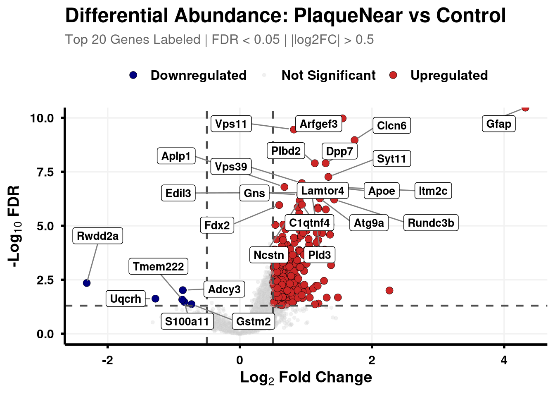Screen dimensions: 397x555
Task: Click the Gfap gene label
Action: (x=498, y=124)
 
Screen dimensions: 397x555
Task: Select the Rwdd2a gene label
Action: (x=98, y=236)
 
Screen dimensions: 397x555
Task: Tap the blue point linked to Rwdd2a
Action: (x=87, y=283)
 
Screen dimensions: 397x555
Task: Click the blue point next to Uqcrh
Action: (x=155, y=299)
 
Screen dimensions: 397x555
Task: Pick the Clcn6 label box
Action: (x=391, y=126)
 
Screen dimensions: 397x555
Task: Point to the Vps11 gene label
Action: (x=231, y=124)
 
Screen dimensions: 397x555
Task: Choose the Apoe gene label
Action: (x=382, y=191)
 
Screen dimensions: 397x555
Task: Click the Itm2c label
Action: (x=433, y=191)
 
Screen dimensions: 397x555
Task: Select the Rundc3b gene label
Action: (x=431, y=223)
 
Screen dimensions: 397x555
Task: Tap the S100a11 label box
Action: (x=187, y=321)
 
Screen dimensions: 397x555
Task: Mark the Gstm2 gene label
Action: (x=254, y=321)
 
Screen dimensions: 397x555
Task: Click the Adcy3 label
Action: (x=224, y=289)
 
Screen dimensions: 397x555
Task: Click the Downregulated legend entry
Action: (x=198, y=75)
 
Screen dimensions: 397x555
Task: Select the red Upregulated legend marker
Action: (x=393, y=75)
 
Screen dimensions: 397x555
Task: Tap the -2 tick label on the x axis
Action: (x=107, y=360)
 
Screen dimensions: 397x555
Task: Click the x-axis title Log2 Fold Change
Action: (x=306, y=377)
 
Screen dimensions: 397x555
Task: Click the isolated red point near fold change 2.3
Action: (x=389, y=290)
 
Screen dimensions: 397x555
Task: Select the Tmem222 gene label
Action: (x=159, y=267)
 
